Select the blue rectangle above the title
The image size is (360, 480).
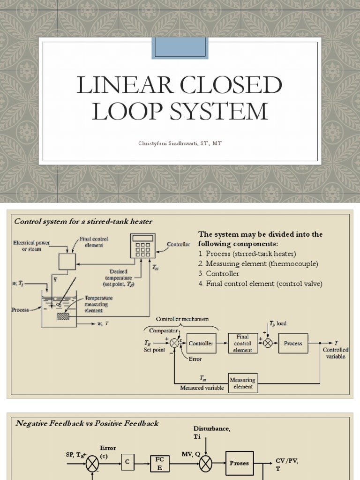(x=180, y=48)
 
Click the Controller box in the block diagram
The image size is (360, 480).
(x=201, y=343)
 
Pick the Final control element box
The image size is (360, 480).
(x=242, y=343)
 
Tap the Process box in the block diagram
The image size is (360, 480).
(x=293, y=343)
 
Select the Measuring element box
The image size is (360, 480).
(x=242, y=383)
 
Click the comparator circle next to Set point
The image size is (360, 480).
(x=174, y=343)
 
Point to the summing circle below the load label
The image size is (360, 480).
(x=268, y=343)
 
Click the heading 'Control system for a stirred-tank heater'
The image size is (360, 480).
(x=83, y=221)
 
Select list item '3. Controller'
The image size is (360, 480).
(x=218, y=273)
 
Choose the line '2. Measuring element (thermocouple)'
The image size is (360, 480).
(x=258, y=263)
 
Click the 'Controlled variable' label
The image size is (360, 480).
(x=335, y=353)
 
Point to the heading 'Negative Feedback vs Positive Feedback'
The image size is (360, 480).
(x=87, y=423)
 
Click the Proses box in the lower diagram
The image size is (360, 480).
(x=240, y=463)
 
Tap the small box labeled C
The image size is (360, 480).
(x=127, y=462)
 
